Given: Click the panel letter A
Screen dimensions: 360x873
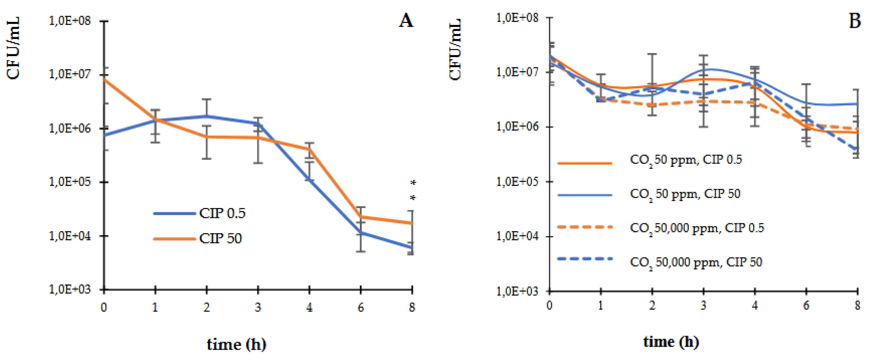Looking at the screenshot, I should [406, 21].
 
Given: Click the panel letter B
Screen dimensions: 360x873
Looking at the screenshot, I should [854, 21].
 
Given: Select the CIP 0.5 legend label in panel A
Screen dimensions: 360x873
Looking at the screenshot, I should [222, 213].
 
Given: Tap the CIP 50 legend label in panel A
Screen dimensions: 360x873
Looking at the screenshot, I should [221, 239].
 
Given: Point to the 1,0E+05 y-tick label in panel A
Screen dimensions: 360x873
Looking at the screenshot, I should [70, 182].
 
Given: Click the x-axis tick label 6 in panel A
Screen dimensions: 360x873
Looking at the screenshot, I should [361, 308].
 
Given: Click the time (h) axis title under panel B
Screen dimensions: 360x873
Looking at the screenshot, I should [671, 342].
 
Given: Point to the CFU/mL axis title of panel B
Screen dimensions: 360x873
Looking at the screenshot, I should [455, 49].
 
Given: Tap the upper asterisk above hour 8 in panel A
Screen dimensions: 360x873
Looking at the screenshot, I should [413, 183].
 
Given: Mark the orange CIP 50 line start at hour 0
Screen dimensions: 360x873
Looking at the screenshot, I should [104, 79].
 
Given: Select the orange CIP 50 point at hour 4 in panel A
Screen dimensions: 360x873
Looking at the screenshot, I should [309, 149].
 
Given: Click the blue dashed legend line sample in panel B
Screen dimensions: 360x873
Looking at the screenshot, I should [585, 259].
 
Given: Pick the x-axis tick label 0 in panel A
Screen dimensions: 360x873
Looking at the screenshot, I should [104, 308].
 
